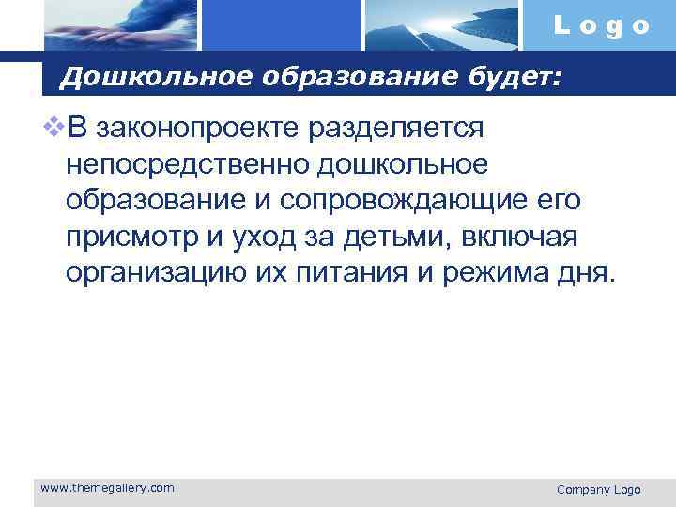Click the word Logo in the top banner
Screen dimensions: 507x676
point(601,26)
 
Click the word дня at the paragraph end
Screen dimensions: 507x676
point(587,274)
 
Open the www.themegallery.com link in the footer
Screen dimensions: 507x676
point(107,487)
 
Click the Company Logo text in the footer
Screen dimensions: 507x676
point(598,489)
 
